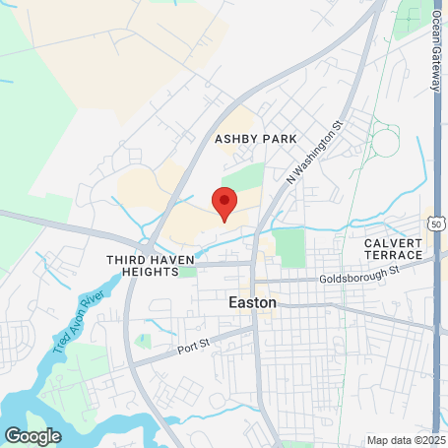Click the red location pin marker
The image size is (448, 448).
coord(224,204)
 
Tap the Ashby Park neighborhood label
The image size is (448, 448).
coord(256,139)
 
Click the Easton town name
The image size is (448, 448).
coord(252,303)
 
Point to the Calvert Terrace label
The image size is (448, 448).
coord(393,248)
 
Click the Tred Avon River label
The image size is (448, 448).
coord(79,324)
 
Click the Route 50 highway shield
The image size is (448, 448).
coord(434,224)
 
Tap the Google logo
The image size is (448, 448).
coord(32,434)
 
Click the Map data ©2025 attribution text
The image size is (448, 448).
coord(407,439)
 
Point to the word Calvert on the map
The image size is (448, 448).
coord(393,242)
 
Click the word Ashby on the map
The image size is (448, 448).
coord(236,139)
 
